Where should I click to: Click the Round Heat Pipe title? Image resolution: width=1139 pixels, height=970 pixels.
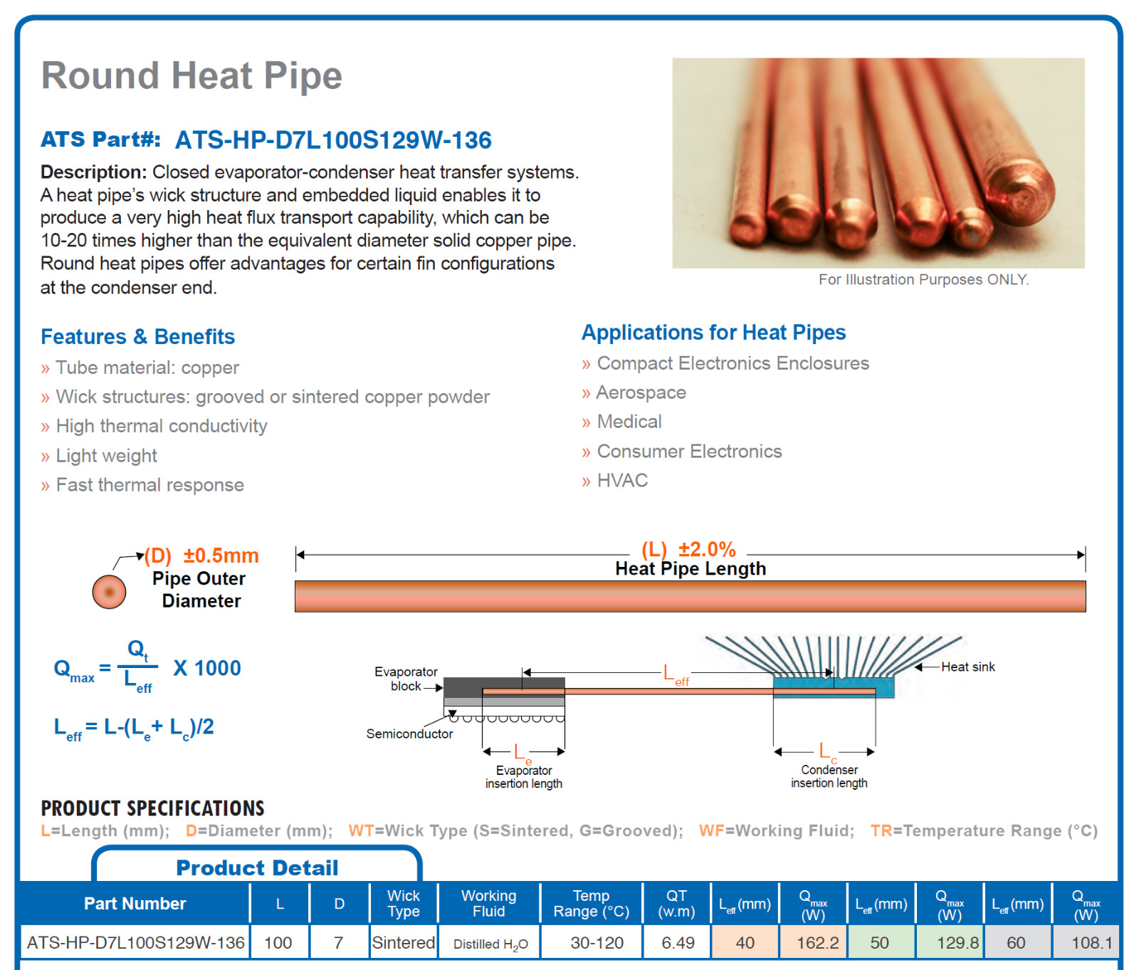tap(191, 76)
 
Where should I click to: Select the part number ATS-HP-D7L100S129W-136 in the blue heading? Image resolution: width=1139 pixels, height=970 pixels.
tap(333, 140)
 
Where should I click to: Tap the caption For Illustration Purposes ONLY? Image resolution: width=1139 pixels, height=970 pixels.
tap(923, 279)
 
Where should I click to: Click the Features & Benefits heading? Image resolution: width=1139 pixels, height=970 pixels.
tap(137, 336)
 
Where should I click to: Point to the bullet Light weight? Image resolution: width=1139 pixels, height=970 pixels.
tap(106, 456)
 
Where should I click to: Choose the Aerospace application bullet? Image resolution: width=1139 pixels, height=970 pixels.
tap(641, 392)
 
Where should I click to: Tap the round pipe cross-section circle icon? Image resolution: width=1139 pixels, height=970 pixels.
tap(109, 591)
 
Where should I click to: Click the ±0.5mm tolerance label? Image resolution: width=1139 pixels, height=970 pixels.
tap(221, 556)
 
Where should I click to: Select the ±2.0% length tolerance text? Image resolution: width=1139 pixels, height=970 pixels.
tap(707, 549)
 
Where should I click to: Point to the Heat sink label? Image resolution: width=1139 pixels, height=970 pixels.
tap(968, 667)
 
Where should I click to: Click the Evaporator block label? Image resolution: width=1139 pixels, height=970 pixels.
tap(406, 679)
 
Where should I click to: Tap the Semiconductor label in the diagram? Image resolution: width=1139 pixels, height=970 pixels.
tap(409, 734)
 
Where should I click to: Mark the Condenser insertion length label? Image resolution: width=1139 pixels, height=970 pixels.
tap(829, 776)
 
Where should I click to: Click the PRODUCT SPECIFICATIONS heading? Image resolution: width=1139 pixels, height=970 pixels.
tap(152, 808)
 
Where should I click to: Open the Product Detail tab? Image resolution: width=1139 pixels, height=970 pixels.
tap(257, 867)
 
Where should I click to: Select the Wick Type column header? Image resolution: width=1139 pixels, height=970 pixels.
tap(404, 904)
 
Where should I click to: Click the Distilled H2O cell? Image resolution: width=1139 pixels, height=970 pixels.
tap(490, 944)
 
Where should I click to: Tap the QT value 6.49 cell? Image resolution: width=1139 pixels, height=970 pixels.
tap(678, 943)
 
